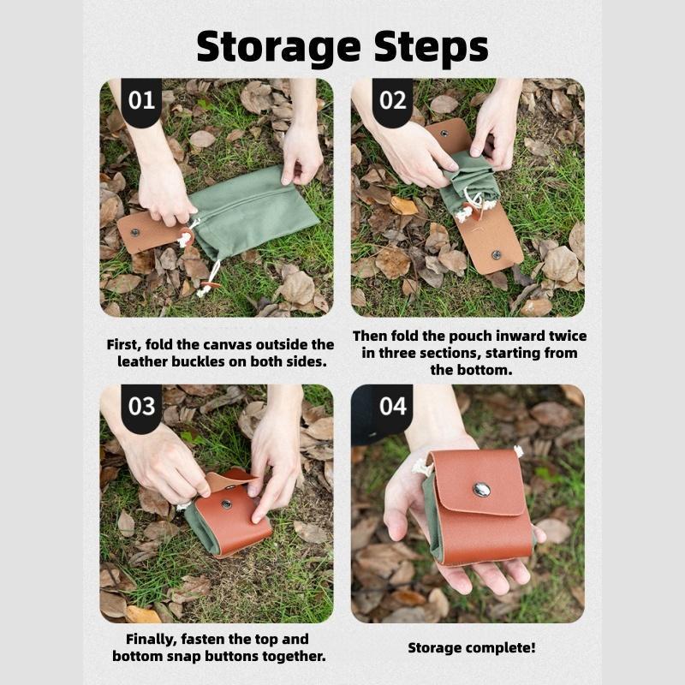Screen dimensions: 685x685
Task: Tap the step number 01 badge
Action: [141, 100]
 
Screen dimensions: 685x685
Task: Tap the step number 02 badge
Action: [392, 100]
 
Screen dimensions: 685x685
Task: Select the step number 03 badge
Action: [141, 405]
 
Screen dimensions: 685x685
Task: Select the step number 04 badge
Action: [392, 405]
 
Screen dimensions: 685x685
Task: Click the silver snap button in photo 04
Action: [482, 489]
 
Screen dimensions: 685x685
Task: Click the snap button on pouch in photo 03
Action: [227, 504]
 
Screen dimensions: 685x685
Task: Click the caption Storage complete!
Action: [471, 647]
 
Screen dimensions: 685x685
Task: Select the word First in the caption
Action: [125, 344]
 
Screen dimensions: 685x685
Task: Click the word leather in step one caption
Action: [143, 361]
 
